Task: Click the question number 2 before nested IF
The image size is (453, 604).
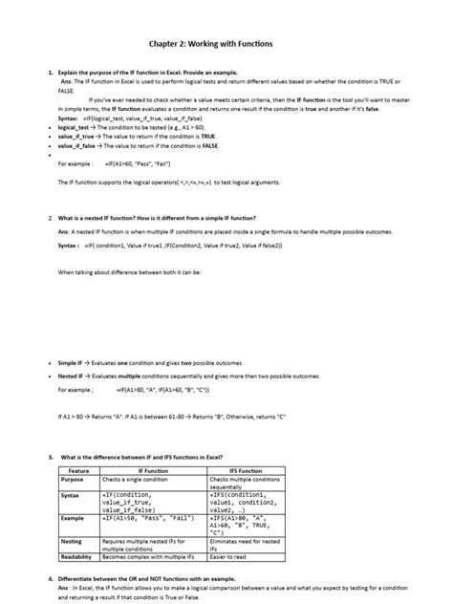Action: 50,218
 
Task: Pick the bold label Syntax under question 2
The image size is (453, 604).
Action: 69,245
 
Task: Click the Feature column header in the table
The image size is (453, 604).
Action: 79,471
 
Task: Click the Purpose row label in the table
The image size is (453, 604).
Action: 74,479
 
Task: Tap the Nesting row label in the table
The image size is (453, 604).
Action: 73,541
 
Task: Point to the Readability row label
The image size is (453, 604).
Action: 77,556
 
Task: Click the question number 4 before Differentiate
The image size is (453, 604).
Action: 50,578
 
